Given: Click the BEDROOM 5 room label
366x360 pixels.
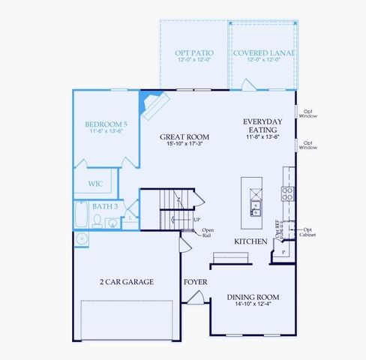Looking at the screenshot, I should coord(104,124).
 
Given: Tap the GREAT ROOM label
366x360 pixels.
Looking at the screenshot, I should coord(184,137).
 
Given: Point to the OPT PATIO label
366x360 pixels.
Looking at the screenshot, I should coord(194,52).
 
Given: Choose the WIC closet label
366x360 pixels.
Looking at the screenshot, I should coord(95,183).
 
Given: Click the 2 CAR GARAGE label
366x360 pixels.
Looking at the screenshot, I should coord(127,282).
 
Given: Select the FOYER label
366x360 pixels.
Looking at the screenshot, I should coord(196,282).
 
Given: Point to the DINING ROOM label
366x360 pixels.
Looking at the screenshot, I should coord(253,297).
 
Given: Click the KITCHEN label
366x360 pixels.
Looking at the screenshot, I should coord(250,241).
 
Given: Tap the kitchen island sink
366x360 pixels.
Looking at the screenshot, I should coord(255,204).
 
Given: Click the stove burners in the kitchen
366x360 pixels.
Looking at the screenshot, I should coord(287,194).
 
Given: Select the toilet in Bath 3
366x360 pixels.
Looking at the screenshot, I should coord(97,221).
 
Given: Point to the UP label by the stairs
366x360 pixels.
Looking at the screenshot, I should coord(196,220).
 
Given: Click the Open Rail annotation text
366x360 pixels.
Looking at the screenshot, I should coord(207,232).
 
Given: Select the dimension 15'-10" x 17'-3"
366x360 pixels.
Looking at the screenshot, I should coord(184,145).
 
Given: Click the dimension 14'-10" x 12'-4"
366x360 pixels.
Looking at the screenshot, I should coord(253,305).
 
